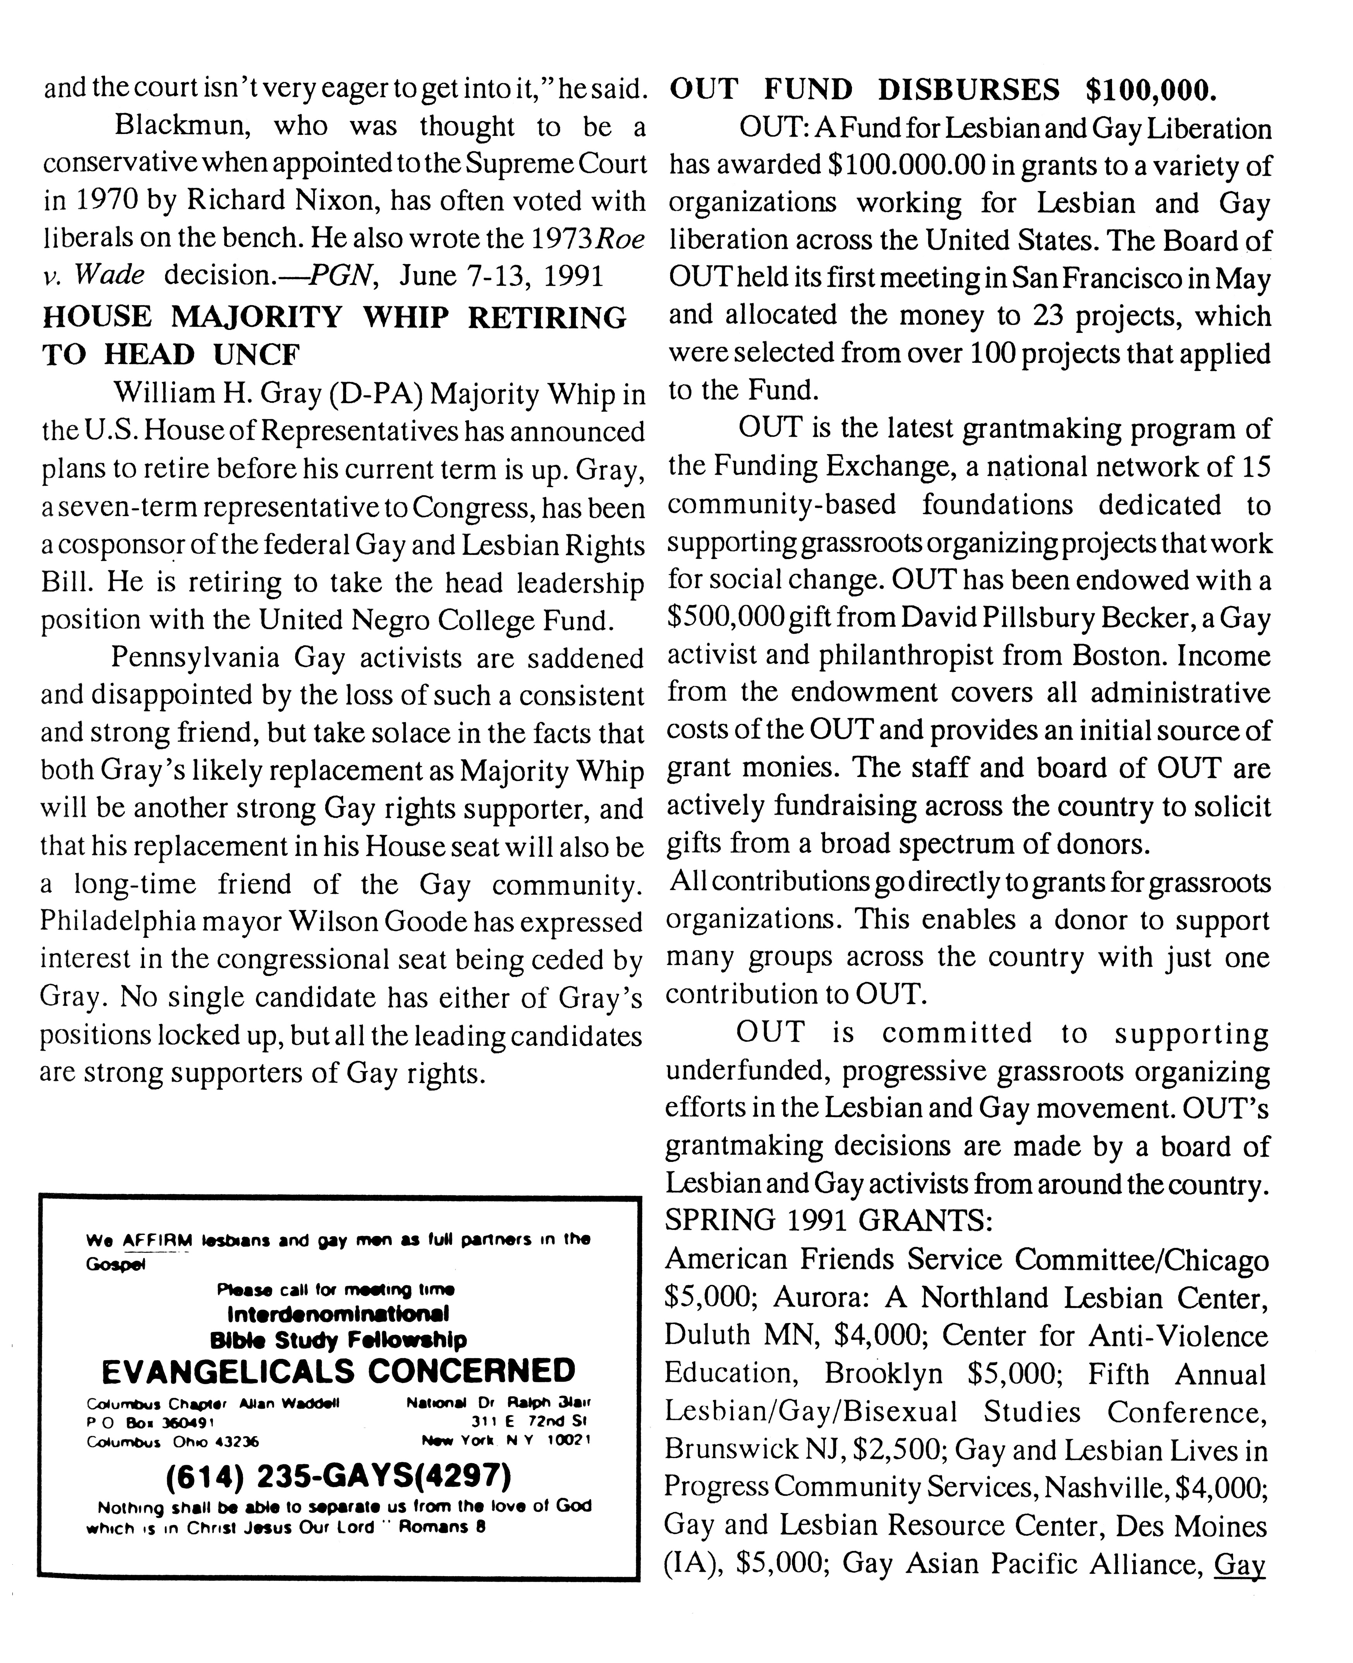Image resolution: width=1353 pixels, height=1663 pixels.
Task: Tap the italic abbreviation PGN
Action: [337, 276]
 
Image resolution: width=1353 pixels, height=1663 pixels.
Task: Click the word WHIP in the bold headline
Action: [417, 318]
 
